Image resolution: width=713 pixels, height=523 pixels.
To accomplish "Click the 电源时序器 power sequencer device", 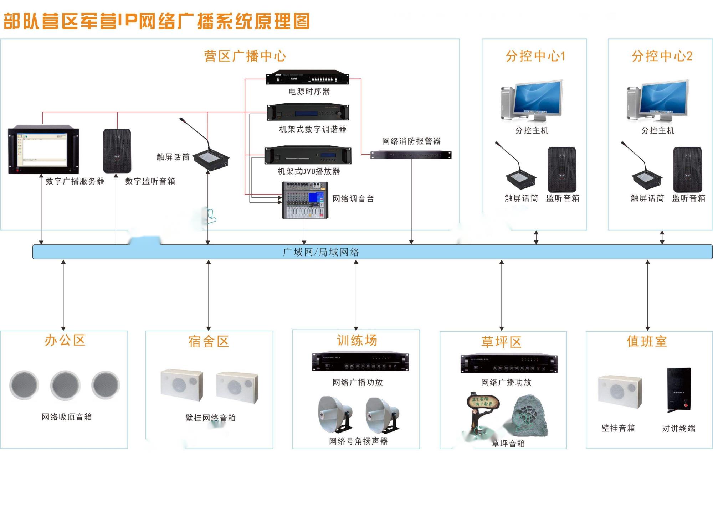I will click(307, 77).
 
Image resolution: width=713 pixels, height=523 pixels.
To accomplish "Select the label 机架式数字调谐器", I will click(313, 129).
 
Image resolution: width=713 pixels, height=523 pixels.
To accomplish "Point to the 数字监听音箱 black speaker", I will click(117, 151).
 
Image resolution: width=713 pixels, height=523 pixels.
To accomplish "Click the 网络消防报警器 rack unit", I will click(411, 155).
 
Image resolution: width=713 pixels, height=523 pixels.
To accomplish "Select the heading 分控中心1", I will click(535, 56).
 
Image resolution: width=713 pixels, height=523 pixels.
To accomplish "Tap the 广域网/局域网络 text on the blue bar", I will click(321, 252).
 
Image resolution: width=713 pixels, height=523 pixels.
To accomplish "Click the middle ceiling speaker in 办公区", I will click(65, 385).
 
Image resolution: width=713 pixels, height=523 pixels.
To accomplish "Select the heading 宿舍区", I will click(209, 341).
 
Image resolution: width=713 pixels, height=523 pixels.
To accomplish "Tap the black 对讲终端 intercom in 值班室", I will click(679, 390).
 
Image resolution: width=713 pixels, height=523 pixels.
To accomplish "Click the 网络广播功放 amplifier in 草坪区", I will click(509, 364).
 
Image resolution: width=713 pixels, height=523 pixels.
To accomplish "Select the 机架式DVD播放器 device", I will click(308, 155).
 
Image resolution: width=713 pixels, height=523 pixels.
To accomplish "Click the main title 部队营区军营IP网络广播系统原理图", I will click(157, 21).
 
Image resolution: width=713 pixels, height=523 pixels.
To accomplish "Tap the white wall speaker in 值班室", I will click(619, 392).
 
